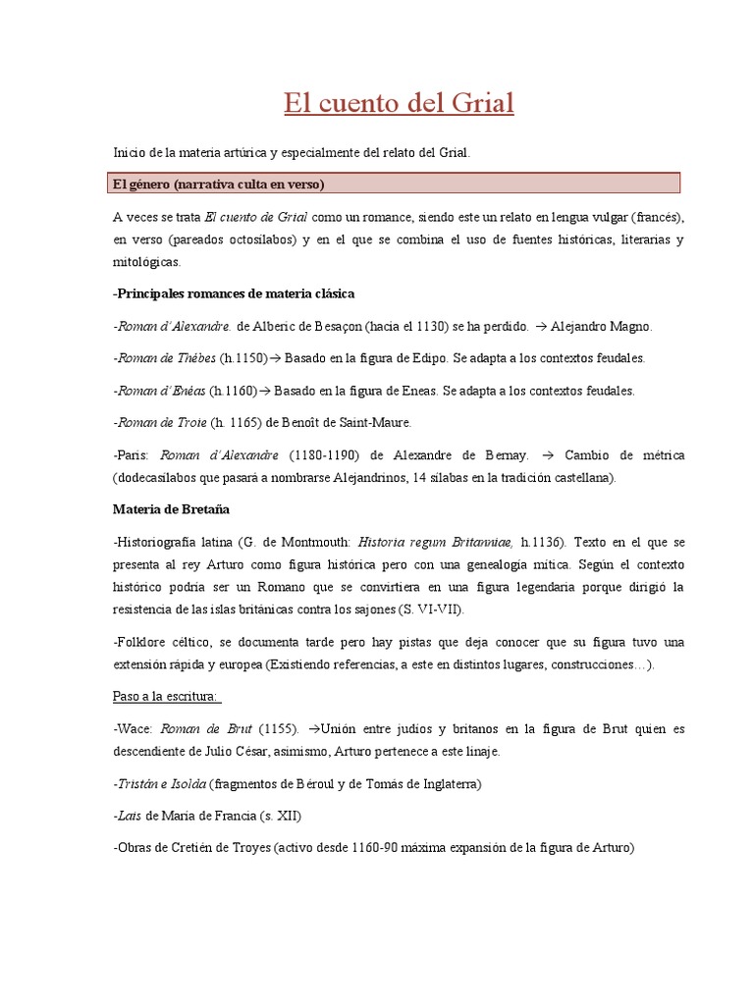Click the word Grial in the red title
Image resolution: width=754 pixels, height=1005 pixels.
pos(480,103)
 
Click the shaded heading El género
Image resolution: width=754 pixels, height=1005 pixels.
pos(219,184)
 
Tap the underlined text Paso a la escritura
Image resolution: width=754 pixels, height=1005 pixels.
pos(168,697)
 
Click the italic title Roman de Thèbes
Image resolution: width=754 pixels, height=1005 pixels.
pos(165,358)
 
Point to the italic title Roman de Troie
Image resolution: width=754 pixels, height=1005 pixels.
pos(161,422)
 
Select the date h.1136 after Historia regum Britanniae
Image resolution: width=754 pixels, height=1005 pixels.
pos(543,541)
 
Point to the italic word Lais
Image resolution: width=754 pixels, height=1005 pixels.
pos(127,816)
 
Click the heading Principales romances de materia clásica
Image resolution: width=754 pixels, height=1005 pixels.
pos(234,293)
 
